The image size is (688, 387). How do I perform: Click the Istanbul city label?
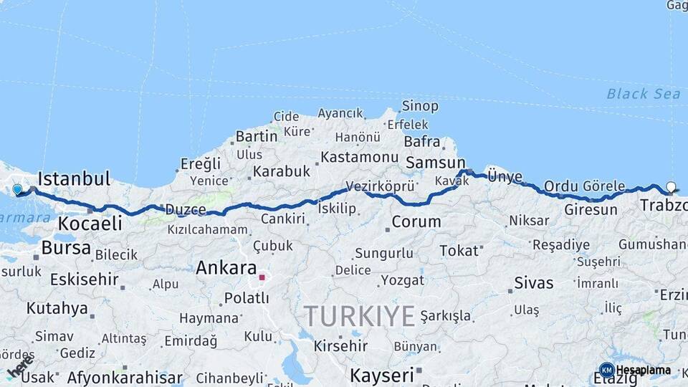tap(74, 178)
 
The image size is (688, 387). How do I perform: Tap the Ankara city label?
tap(226, 269)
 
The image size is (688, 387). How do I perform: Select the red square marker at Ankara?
tap(263, 277)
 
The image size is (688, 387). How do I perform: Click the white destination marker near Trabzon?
tap(671, 187)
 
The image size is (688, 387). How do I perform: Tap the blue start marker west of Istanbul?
tap(18, 190)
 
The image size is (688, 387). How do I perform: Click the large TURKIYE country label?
tap(359, 316)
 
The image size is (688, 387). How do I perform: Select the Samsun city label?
tap(435, 163)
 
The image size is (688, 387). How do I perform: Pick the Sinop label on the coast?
tap(420, 106)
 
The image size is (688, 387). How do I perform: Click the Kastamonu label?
tap(359, 156)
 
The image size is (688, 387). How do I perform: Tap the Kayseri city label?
tap(382, 375)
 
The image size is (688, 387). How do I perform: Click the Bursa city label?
tap(66, 248)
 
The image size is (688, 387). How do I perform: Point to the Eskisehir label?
tap(84, 279)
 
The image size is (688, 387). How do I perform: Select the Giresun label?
tap(591, 210)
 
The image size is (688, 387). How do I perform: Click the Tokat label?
tap(459, 250)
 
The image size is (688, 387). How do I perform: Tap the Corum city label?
tap(416, 221)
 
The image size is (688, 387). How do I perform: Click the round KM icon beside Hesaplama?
tap(606, 370)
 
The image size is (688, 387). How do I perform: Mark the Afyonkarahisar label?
tap(125, 377)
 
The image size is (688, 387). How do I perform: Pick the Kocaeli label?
tap(90, 223)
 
